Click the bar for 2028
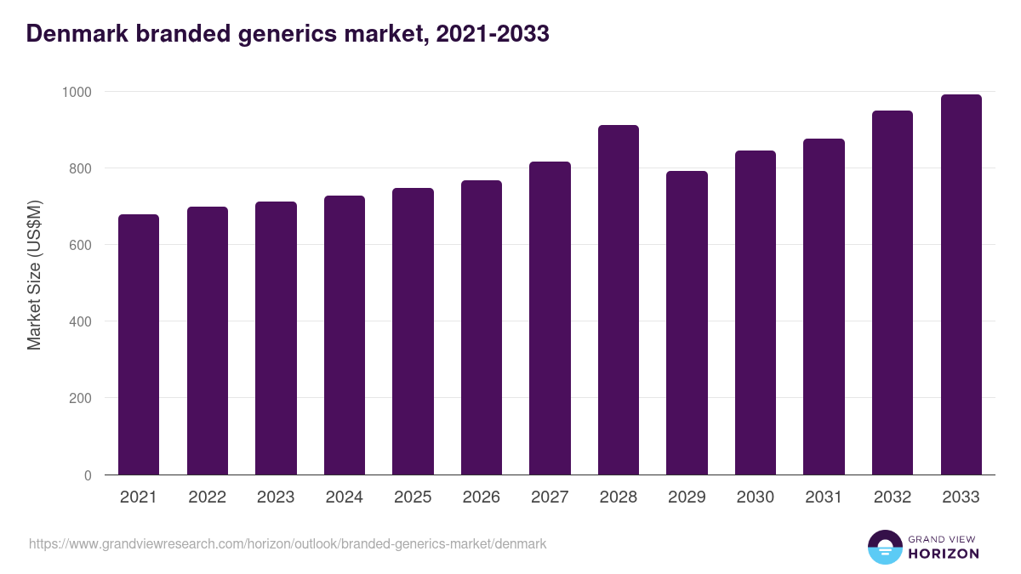pos(618,300)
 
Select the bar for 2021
pos(139,344)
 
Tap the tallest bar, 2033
pos(961,285)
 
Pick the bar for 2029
pos(687,323)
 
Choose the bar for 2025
pos(413,332)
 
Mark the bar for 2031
pos(824,307)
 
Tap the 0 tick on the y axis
pos(88,475)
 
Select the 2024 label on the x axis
pos(344,497)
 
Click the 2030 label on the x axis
pos(755,497)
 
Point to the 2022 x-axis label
pos(207,497)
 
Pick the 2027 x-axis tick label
pos(550,497)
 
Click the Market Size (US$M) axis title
pos(34,275)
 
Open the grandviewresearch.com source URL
pos(288,543)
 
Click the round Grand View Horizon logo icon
pos(884,547)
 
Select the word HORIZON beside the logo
pos(944,554)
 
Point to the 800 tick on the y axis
pos(80,168)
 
